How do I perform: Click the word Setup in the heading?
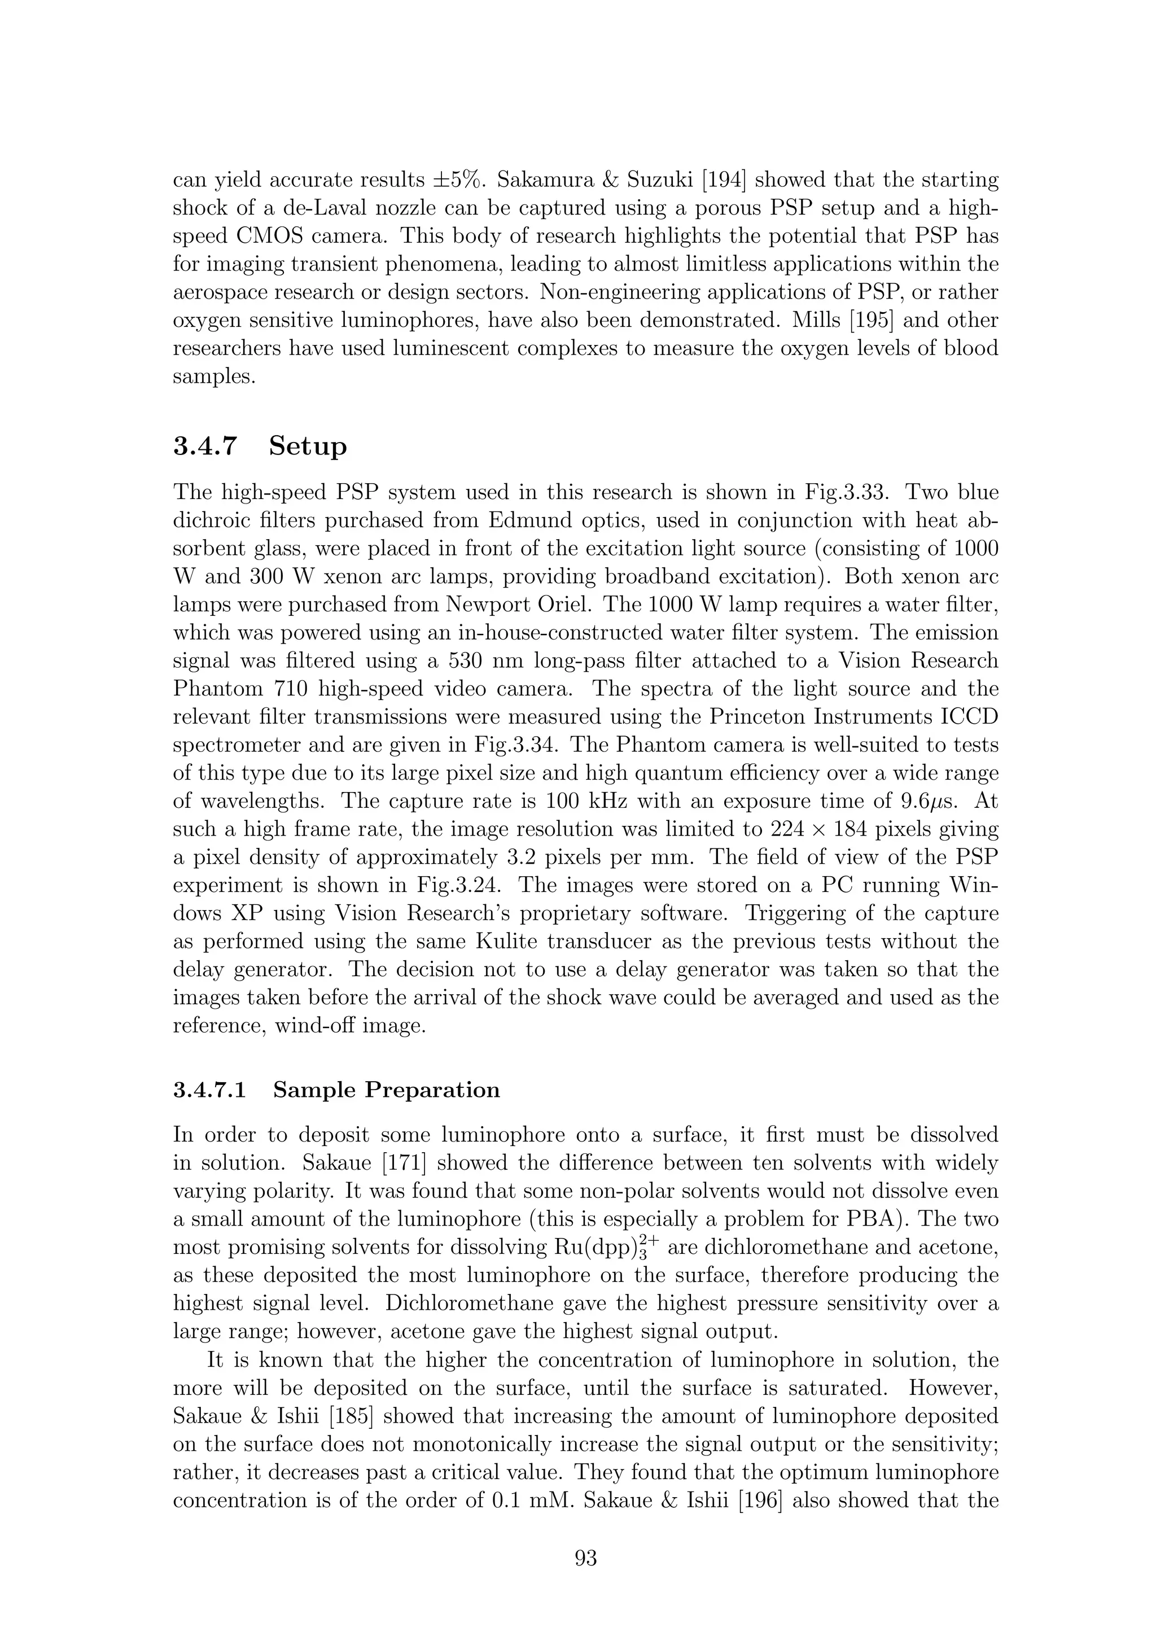click(x=308, y=447)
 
